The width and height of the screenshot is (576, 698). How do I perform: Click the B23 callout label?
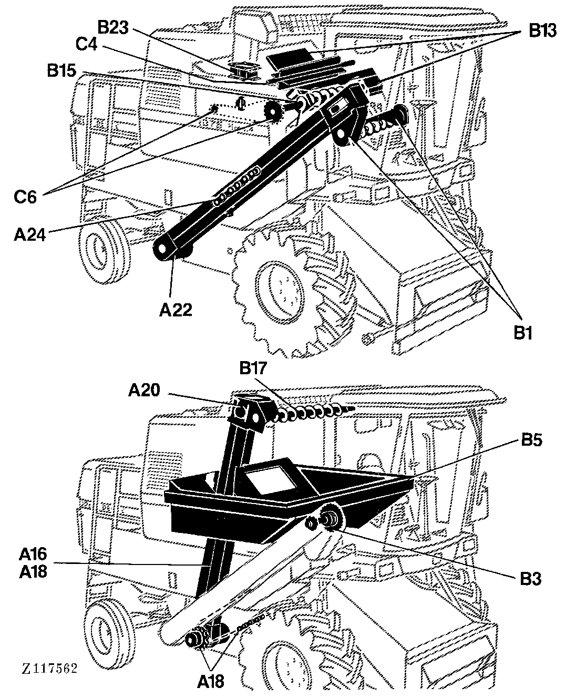[x=114, y=27]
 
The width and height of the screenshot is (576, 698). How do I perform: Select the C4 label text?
[x=87, y=44]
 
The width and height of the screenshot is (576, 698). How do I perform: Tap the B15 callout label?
[x=61, y=70]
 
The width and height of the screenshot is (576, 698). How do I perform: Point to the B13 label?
[x=543, y=31]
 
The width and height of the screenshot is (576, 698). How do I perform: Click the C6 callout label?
[x=25, y=197]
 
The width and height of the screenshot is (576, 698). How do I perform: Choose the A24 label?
[x=30, y=234]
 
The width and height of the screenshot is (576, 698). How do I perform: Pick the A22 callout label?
[x=176, y=310]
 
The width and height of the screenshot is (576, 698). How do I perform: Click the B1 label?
[x=522, y=333]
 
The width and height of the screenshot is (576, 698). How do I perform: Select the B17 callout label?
[x=253, y=368]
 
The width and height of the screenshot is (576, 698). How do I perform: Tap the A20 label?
[x=145, y=390]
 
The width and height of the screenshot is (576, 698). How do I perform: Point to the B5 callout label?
[x=531, y=440]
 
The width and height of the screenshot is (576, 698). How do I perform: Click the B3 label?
[x=530, y=579]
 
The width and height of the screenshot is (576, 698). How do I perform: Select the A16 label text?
[x=33, y=555]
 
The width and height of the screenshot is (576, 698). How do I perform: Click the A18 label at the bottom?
[x=211, y=680]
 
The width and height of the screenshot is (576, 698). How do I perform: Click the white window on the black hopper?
[x=271, y=481]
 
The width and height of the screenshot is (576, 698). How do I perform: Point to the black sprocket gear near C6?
[x=273, y=111]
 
